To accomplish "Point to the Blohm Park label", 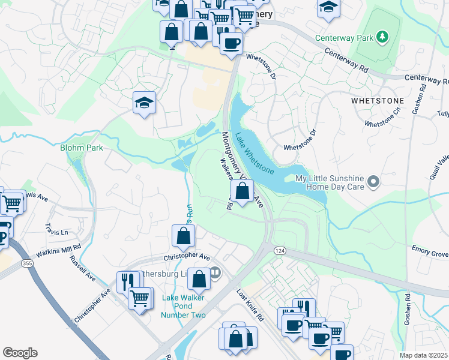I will click(82, 148).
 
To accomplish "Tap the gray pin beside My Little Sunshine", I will click(373, 181).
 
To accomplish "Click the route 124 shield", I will click(279, 248).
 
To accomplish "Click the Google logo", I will click(20, 352).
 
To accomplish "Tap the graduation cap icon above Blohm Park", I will click(145, 103).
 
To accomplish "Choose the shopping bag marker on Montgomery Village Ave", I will click(242, 192).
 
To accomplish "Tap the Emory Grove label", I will click(430, 254).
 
